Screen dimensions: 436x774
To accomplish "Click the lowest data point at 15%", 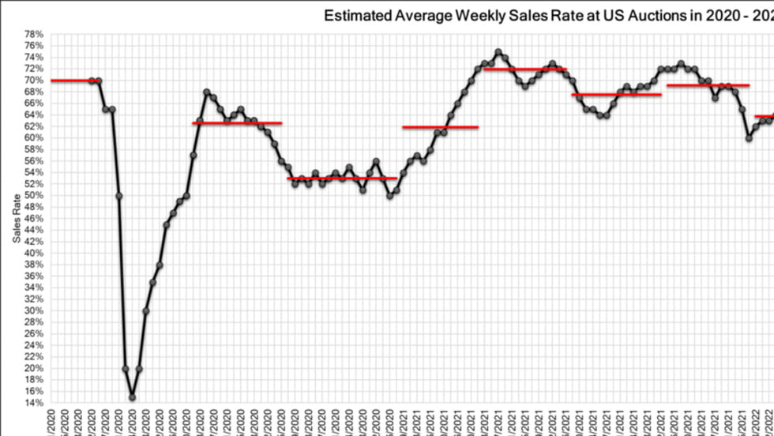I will tap(132, 397).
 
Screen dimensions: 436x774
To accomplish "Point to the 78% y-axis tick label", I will tap(33, 34).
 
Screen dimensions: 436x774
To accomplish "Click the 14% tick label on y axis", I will tap(33, 403).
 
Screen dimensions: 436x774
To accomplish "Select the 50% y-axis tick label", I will tap(33, 195).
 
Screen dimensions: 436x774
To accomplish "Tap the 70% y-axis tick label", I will tap(33, 80).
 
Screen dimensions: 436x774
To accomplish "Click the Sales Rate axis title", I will tap(16, 218).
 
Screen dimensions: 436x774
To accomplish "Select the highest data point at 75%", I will tap(498, 52).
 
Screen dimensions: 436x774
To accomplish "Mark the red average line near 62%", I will tap(440, 126).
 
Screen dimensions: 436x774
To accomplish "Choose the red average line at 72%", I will tap(524, 69).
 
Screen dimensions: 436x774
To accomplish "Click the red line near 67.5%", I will tap(616, 95).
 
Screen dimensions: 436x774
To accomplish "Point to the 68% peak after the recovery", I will tap(207, 92).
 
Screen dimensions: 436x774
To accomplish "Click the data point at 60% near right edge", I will tap(749, 137).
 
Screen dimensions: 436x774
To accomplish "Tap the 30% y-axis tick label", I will tap(33, 310).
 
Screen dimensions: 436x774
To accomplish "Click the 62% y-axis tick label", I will tap(33, 126).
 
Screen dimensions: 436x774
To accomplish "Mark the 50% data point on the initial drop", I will tap(118, 195).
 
